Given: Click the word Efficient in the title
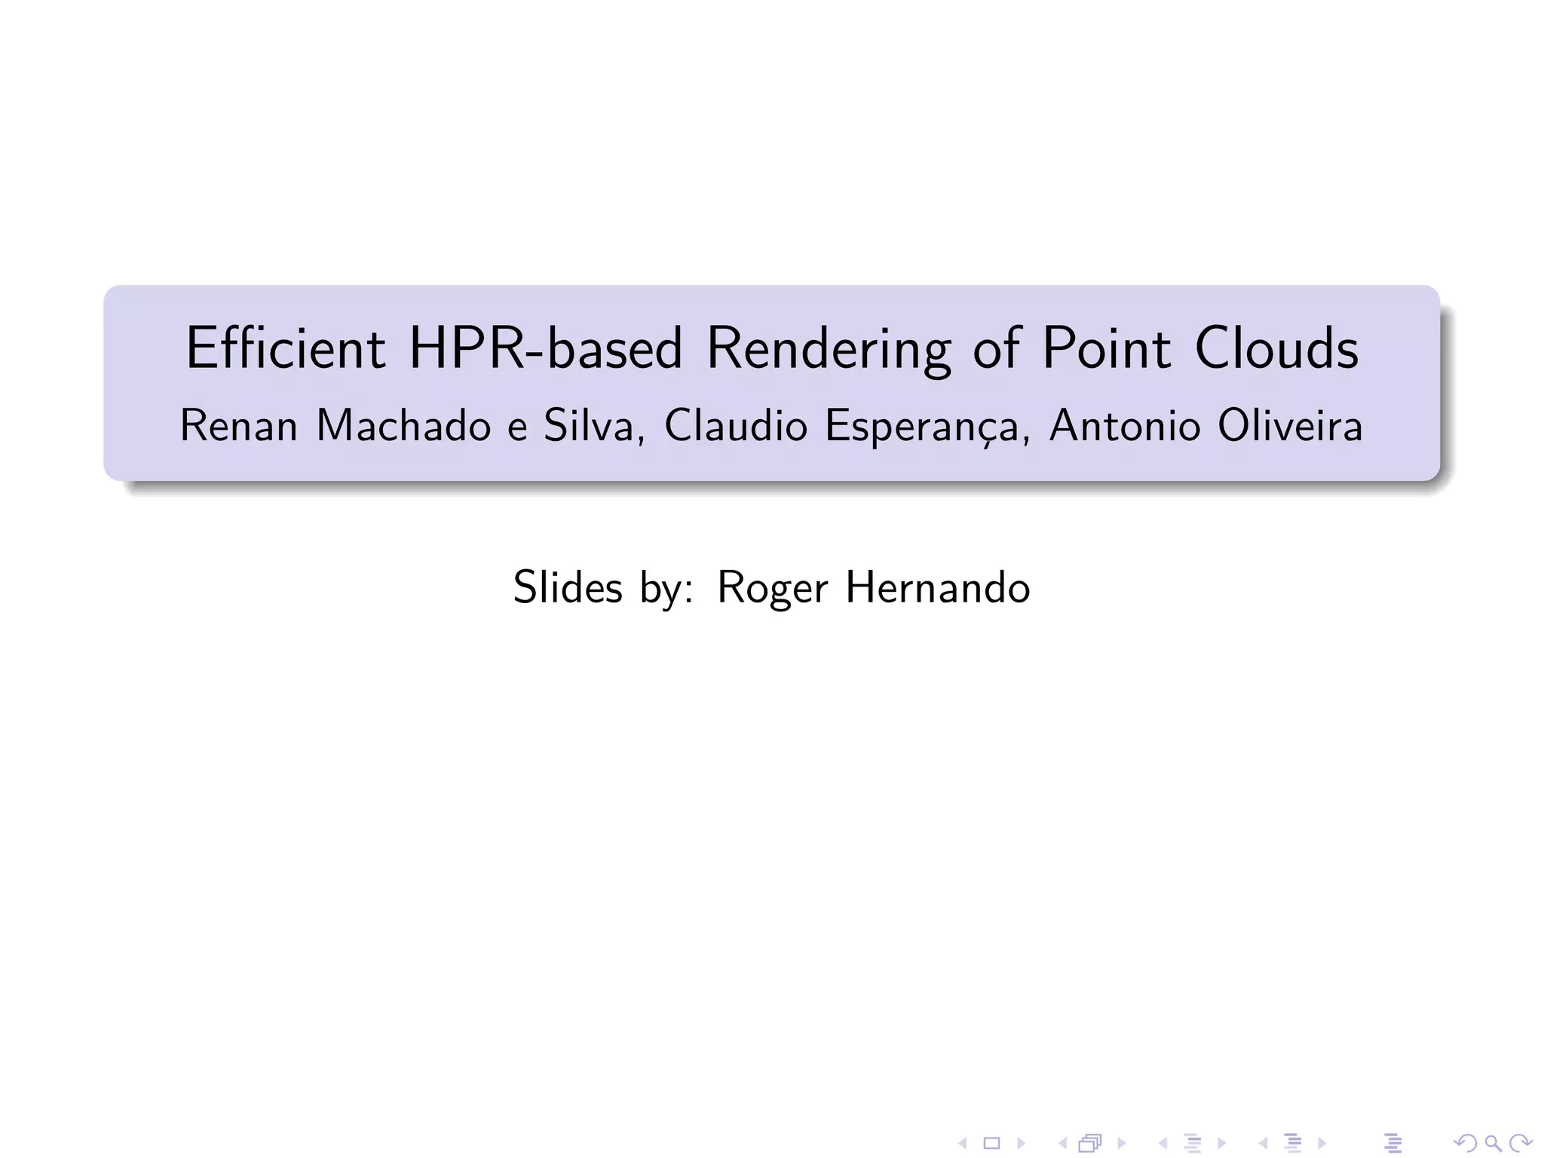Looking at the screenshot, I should [x=285, y=348].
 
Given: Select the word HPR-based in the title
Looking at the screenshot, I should [x=545, y=348].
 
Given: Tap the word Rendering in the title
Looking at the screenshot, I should [x=829, y=350].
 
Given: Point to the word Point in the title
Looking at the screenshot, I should [x=1106, y=348].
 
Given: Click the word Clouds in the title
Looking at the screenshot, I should [x=1276, y=348].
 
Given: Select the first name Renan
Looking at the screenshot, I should [x=238, y=426].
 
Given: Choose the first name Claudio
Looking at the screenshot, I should [x=735, y=426].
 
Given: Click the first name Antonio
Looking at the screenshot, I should [x=1124, y=426].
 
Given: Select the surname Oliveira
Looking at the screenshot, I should [x=1290, y=426].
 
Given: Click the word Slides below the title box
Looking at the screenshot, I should [x=568, y=587].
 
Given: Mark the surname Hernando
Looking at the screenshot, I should [x=937, y=587].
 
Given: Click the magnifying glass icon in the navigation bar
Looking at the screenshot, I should [x=1493, y=1144].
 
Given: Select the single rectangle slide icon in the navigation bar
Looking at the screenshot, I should [x=991, y=1144].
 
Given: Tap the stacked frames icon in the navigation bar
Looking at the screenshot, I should [x=1090, y=1144].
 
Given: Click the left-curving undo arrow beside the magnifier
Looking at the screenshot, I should [x=1465, y=1144].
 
